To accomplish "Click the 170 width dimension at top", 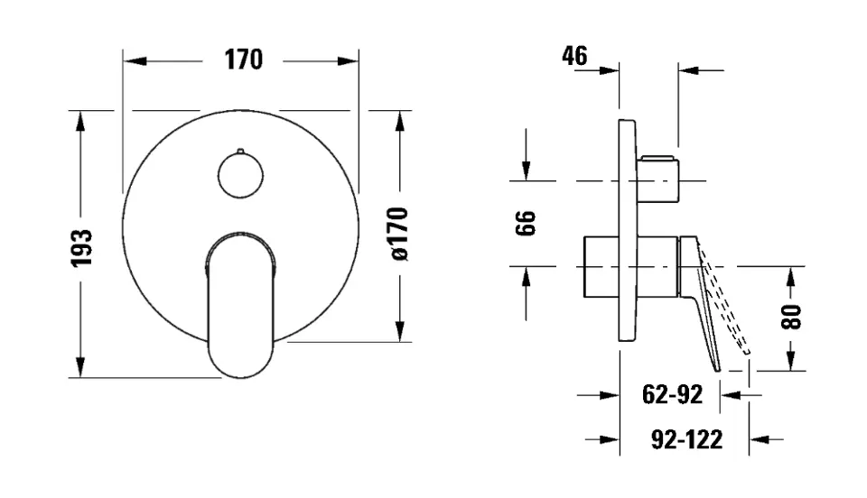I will (243, 60).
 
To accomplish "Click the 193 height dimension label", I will (82, 247).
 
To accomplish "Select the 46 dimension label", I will (574, 56).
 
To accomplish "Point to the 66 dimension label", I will (527, 223).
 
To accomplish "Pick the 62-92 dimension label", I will (672, 394).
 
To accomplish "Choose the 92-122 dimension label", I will (686, 439).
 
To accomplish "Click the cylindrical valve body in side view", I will (632, 266).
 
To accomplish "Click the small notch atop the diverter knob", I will (241, 149).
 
